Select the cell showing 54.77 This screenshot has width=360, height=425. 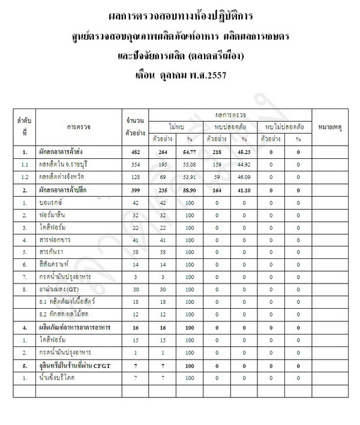[189, 153]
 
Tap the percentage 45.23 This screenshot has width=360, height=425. [244, 153]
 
